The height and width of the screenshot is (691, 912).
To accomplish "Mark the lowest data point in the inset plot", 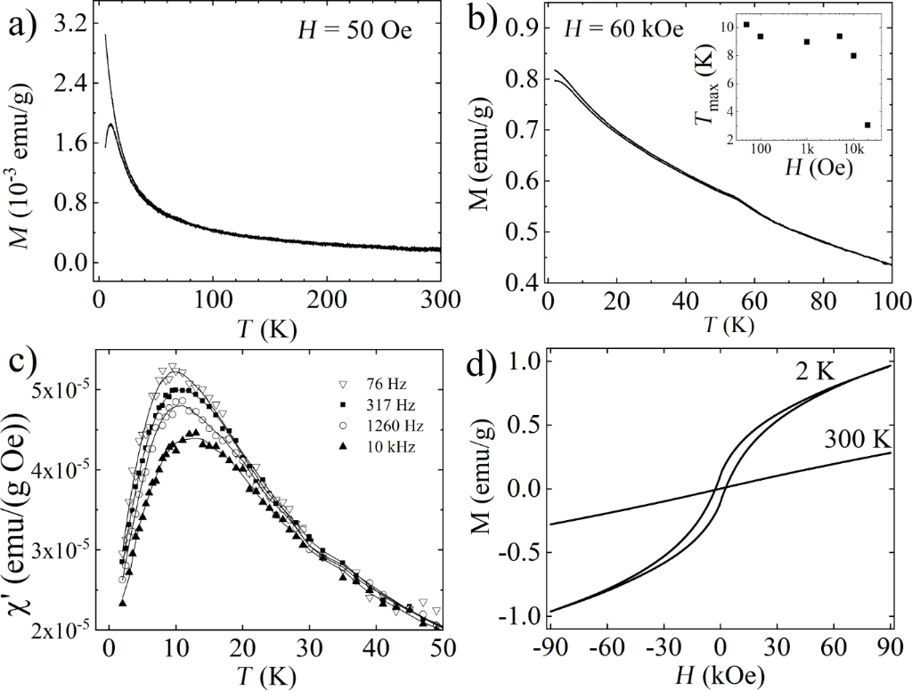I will point(867,125).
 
